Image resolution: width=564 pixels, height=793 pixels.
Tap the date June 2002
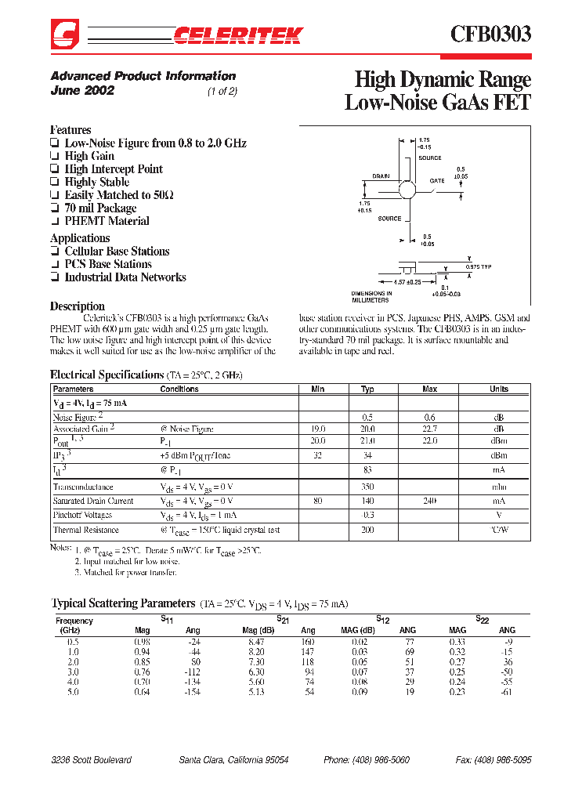pyautogui.click(x=82, y=90)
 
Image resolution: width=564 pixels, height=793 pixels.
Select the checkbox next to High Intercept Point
pyautogui.click(x=54, y=169)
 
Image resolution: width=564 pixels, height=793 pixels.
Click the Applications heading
pyautogui.click(x=80, y=238)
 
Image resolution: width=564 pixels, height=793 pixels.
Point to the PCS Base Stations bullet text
pyautogui.click(x=108, y=264)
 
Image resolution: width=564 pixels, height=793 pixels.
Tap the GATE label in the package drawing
pyautogui.click(x=437, y=181)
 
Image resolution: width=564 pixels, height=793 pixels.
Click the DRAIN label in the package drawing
pyautogui.click(x=381, y=176)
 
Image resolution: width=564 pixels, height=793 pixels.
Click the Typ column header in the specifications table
pyautogui.click(x=367, y=389)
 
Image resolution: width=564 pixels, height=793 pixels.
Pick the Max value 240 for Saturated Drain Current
pyautogui.click(x=429, y=501)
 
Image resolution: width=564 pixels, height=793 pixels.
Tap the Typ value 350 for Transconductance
pyautogui.click(x=367, y=487)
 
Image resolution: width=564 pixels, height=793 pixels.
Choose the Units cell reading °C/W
pyautogui.click(x=499, y=530)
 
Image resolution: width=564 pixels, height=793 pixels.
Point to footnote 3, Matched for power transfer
pyautogui.click(x=127, y=573)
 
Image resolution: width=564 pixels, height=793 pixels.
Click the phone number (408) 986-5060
pyautogui.click(x=367, y=760)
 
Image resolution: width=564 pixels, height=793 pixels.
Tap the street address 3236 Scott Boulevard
pyautogui.click(x=91, y=760)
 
